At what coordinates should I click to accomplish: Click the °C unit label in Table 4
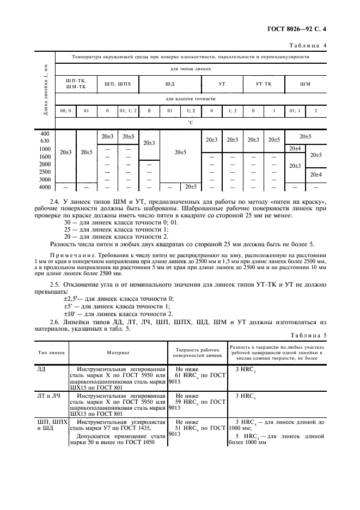point(190,123)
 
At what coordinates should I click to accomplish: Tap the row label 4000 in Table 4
point(45,187)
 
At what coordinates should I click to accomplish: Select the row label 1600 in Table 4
point(45,156)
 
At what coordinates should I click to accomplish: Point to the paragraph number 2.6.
point(70,321)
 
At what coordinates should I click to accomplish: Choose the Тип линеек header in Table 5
point(52,353)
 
